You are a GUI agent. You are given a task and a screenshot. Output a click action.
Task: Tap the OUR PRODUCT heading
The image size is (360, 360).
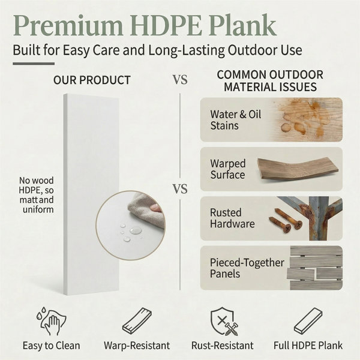92,80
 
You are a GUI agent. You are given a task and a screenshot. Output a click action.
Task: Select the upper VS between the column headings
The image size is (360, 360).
180,80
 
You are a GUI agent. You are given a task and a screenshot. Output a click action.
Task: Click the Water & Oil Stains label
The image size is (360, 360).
236,120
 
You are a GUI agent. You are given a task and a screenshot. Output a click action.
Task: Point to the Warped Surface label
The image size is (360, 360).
228,169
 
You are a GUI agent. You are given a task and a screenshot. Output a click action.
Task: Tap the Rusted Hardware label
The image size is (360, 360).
232,218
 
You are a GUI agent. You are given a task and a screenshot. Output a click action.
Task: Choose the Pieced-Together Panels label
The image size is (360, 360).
247,268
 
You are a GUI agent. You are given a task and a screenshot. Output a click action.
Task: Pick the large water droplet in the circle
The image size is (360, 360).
136,230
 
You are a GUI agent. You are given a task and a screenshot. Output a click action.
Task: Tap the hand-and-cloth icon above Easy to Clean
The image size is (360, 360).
51,320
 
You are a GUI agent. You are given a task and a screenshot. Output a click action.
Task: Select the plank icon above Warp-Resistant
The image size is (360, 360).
137,321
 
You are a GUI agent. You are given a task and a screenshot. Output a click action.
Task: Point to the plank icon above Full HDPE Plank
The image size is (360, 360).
308,321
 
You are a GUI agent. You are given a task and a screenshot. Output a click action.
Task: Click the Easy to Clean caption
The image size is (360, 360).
52,346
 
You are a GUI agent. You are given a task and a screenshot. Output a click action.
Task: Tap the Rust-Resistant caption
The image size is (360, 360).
223,346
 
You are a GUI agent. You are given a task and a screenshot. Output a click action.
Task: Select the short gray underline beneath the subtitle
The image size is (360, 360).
34,64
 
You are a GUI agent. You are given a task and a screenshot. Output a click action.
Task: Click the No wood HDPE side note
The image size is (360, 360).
36,195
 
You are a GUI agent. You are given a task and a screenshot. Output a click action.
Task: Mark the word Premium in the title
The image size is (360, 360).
68,26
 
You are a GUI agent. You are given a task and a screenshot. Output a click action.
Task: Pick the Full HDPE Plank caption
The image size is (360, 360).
308,346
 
